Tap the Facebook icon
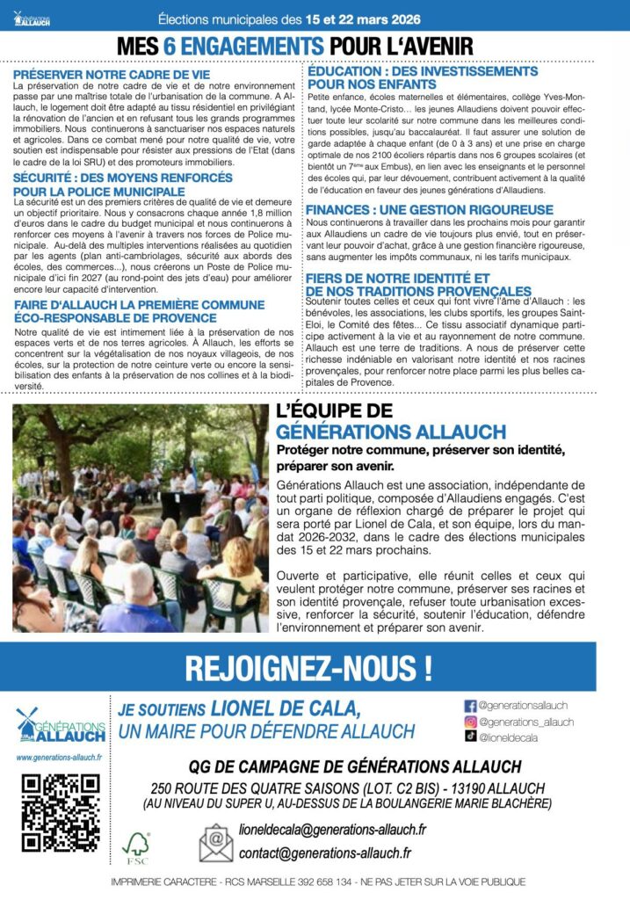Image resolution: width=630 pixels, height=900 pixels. pos(469,705)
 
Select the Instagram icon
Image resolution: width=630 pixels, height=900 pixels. pos(469,722)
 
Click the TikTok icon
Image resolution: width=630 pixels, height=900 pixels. pos(469,737)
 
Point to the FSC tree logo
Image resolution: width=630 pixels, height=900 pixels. pos(137,846)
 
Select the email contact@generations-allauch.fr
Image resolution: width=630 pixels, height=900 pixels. pos(324,852)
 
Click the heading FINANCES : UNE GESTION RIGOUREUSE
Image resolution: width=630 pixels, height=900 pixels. pos(429,210)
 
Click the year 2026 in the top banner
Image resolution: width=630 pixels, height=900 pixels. pos(401,18)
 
